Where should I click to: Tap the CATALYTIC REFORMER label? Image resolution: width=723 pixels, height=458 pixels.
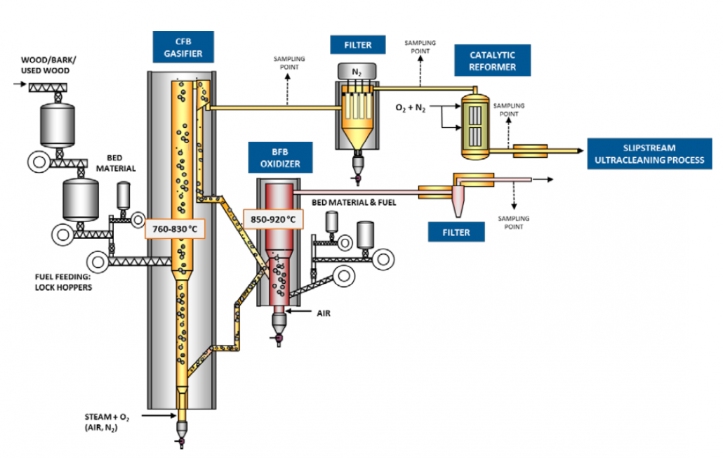[492, 60]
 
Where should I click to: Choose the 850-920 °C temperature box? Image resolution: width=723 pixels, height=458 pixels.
[273, 219]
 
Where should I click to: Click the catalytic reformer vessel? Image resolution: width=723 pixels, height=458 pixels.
[475, 125]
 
